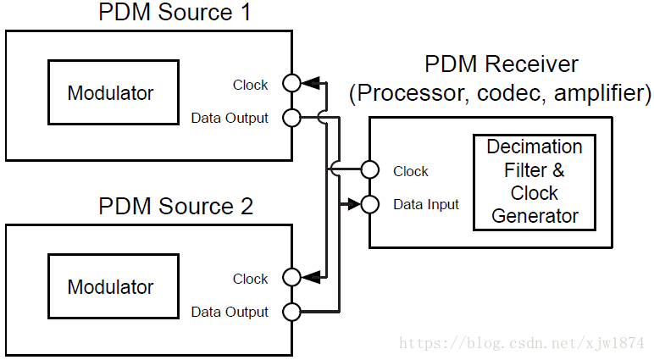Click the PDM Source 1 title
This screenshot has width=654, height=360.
tap(175, 14)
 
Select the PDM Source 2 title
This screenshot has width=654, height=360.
tap(175, 207)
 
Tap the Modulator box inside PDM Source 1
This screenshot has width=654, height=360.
tap(113, 93)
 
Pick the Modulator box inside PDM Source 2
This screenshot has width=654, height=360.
tap(113, 287)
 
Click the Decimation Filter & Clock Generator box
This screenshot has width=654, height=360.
tap(535, 182)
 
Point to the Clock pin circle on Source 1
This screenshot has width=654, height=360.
tap(291, 83)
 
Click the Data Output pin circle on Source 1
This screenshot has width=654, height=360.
tap(291, 118)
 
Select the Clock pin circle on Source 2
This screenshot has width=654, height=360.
tap(291, 277)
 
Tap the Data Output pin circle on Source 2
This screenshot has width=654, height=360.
tap(291, 312)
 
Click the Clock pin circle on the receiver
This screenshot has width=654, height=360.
tap(369, 169)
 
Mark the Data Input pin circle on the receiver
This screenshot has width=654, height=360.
tap(369, 204)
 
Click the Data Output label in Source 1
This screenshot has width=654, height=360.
tap(229, 119)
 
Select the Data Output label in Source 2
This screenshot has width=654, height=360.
tap(229, 313)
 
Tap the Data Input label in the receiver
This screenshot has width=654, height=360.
tap(426, 205)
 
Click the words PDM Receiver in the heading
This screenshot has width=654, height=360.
tap(501, 65)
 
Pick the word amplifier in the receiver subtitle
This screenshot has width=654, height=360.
tap(601, 92)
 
